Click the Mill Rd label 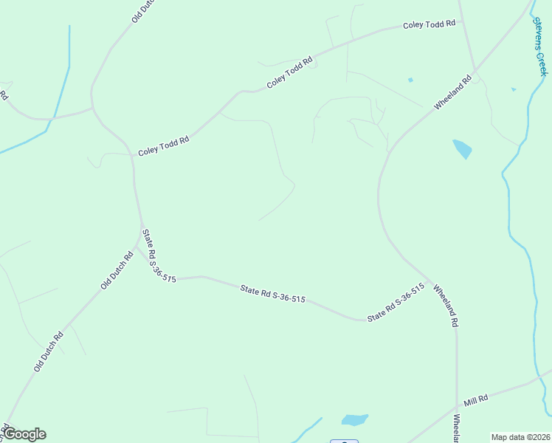[x=476, y=400]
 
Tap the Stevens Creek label [x=539, y=46]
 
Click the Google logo [x=24, y=434]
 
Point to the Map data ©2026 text [x=520, y=436]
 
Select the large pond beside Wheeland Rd [x=463, y=149]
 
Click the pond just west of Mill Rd [x=354, y=419]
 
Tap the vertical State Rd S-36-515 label [x=159, y=255]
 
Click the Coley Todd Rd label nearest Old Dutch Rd [x=164, y=140]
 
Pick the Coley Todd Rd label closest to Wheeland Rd [x=429, y=24]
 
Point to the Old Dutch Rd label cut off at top [x=145, y=10]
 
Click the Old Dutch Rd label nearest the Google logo [x=49, y=351]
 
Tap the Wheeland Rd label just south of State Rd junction [x=446, y=306]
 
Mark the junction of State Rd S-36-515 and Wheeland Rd [x=429, y=281]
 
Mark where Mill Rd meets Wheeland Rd [x=457, y=407]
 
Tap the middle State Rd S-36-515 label [x=272, y=294]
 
